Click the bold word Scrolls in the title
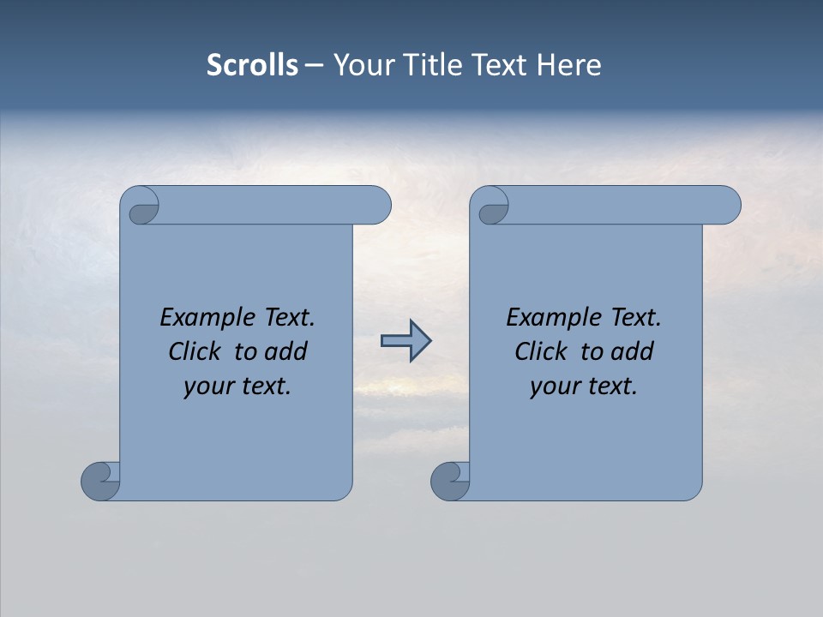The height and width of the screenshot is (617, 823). coord(252,65)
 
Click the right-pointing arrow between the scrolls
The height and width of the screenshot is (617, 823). coord(405,341)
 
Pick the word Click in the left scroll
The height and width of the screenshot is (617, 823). coord(188,351)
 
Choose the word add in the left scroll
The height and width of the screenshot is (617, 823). coord(286,351)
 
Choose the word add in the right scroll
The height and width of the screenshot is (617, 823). coord(633,351)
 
